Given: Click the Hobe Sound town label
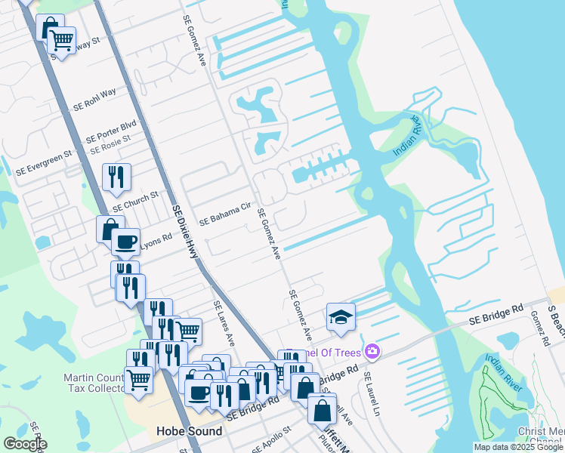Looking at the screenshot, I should [x=189, y=431].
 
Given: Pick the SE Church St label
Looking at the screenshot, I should [x=135, y=200].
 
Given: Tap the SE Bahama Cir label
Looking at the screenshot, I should [x=224, y=214].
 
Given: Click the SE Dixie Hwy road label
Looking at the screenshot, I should [x=184, y=233].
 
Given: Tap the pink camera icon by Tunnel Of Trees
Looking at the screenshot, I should [x=372, y=351].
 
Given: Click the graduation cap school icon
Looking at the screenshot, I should [x=341, y=316].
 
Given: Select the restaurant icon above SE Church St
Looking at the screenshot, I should [x=116, y=177].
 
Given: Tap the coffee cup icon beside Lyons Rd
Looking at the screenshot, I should [x=125, y=242].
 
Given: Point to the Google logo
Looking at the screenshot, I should [x=25, y=443].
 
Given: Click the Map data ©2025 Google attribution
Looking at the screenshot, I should [x=518, y=447].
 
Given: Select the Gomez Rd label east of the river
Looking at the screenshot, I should [x=539, y=328].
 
